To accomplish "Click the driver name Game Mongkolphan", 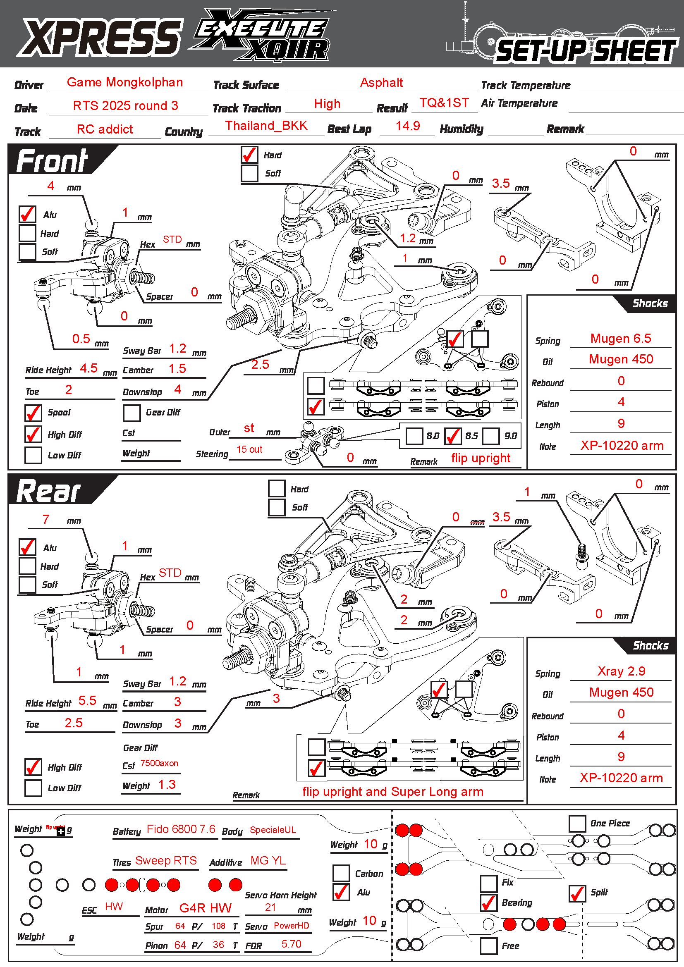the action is (x=124, y=82).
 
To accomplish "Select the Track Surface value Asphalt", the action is (x=382, y=83).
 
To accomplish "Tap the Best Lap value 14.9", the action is (x=408, y=126).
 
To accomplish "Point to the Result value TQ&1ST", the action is (x=444, y=103).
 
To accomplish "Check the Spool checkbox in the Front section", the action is (x=33, y=413).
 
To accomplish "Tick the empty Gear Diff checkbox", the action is (x=132, y=413).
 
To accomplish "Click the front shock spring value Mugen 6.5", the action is (x=620, y=338).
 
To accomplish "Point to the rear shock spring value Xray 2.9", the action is (x=621, y=671).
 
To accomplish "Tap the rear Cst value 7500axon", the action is (x=159, y=763).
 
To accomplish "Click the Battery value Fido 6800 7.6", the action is (x=181, y=829).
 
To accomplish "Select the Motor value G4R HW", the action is (x=206, y=907).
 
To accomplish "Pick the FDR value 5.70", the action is (x=292, y=944).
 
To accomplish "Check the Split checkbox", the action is (x=577, y=893).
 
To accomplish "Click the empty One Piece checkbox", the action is (x=577, y=824).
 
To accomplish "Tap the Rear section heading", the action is (x=49, y=492).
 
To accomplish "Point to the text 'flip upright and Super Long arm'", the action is (x=392, y=792).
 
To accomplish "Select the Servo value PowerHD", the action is (x=292, y=925).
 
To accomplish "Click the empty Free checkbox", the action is (x=488, y=946).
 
